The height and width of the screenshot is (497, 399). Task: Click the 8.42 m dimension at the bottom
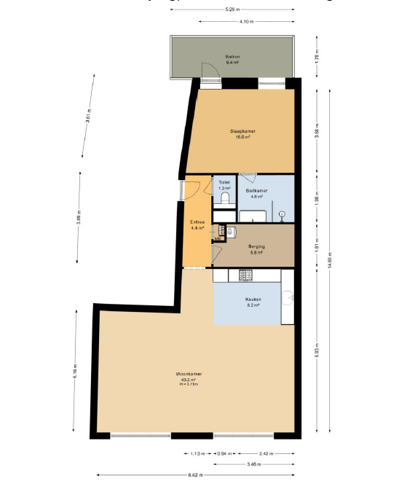coord(194,476)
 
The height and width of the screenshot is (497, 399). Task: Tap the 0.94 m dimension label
coord(224,453)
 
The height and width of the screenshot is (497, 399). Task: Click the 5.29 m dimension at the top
coord(230,9)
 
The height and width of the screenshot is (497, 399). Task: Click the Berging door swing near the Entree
coord(217,252)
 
